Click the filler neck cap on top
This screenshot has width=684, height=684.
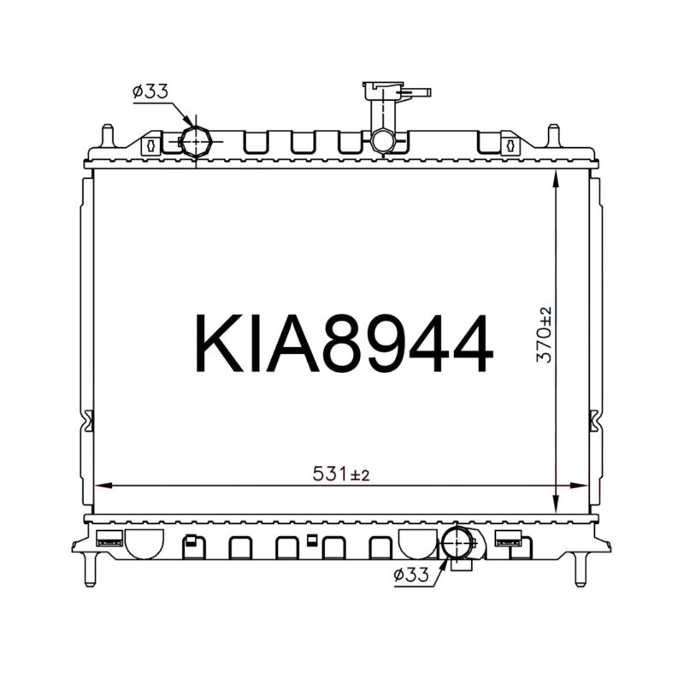tap(385, 90)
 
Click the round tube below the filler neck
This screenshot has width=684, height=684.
tap(382, 139)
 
